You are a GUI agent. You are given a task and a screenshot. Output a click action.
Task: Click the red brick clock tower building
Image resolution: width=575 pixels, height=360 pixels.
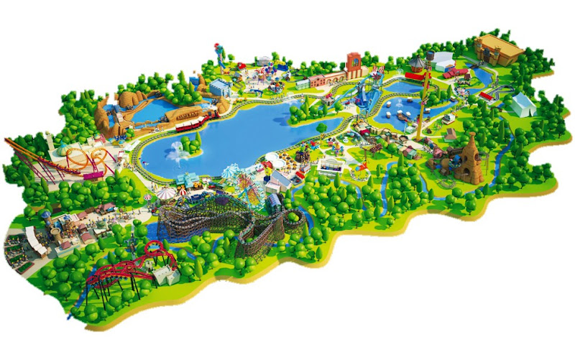354,65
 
